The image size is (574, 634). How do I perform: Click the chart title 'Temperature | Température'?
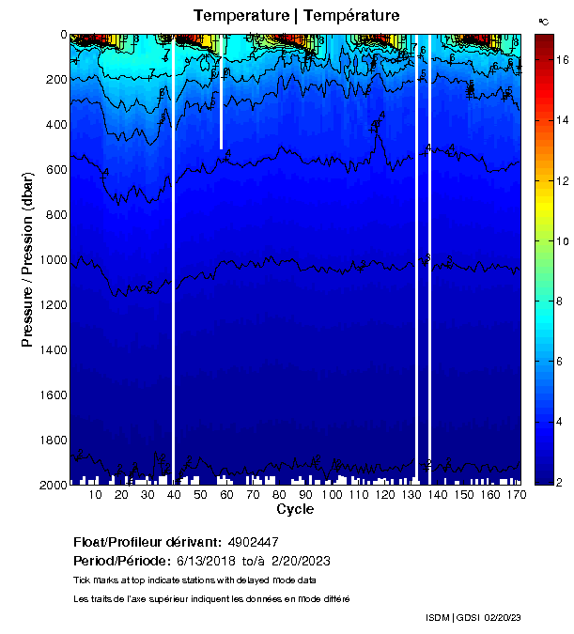pos(296,15)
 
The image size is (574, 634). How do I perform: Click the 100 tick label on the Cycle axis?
pos(333,495)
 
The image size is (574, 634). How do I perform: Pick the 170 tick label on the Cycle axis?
pos(516,495)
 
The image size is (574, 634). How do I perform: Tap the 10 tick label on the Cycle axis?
pos(96,495)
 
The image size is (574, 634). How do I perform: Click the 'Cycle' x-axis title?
pos(295,510)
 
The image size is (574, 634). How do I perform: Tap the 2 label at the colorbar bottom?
pos(558,482)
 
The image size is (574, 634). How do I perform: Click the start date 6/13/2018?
pos(208,561)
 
